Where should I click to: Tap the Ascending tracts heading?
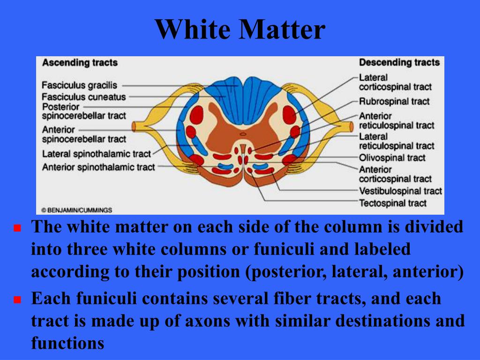tap(80, 62)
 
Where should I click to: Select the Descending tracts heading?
tap(399, 62)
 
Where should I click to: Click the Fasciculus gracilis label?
tap(79, 85)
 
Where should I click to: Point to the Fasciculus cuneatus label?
tap(84, 97)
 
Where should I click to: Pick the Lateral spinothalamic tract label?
tap(97, 154)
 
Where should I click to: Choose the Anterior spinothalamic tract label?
tap(98, 167)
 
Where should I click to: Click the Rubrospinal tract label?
tap(394, 101)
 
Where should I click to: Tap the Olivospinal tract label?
tap(392, 158)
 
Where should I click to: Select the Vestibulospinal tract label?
tap(400, 191)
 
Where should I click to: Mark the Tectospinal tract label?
tap(393, 203)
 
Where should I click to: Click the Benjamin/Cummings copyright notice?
tap(76, 210)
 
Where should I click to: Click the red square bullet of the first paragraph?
tap(18, 229)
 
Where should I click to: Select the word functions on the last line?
tap(67, 343)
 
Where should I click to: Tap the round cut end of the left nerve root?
tap(135, 127)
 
